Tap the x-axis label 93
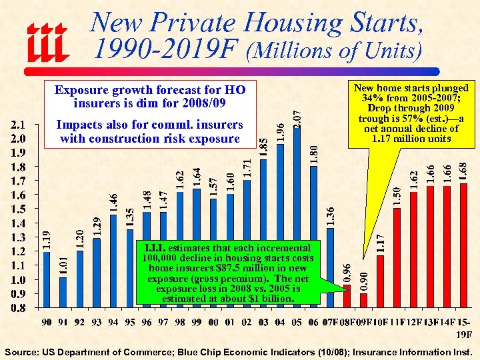click(97, 323)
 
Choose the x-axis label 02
click(247, 323)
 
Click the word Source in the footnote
click(23, 351)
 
